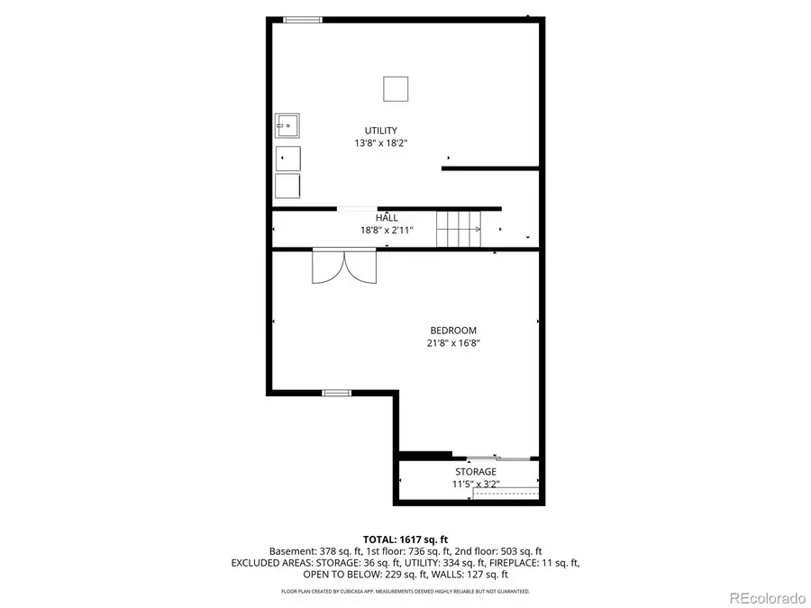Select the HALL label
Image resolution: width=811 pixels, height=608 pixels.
(387, 218)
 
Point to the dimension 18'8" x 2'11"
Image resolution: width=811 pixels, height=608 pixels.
(387, 230)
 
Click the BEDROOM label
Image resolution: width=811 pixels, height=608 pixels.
(452, 331)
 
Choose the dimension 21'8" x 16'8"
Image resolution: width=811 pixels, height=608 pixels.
(452, 342)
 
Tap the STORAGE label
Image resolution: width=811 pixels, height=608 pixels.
(475, 472)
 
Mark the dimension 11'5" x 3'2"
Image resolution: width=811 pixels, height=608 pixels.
(475, 484)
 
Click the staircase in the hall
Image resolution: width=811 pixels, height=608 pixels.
(459, 229)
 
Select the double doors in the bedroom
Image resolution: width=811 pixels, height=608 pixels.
(342, 267)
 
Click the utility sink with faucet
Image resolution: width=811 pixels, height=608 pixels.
(287, 125)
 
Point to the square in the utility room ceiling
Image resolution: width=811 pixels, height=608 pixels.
(396, 89)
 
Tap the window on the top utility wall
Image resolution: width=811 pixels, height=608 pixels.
(303, 19)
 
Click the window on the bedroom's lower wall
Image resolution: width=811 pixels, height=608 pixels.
(336, 393)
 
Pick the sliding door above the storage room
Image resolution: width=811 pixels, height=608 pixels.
(495, 458)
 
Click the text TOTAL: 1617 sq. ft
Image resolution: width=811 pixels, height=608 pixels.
(405, 539)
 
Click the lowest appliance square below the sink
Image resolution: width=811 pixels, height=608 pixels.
(287, 186)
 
